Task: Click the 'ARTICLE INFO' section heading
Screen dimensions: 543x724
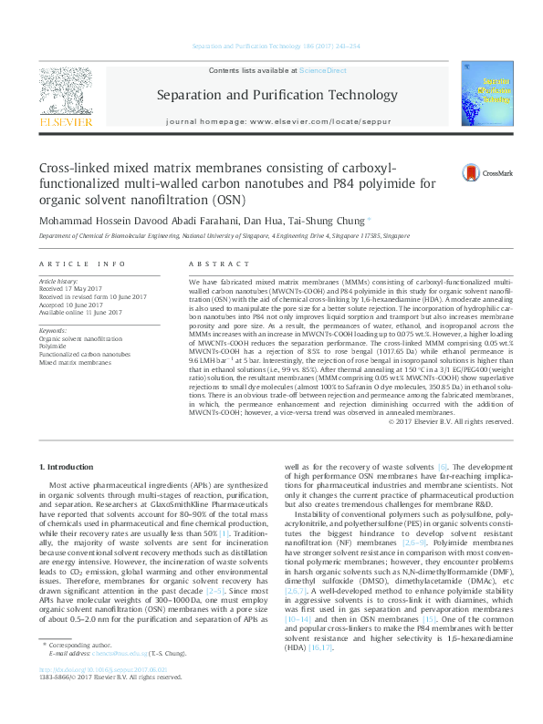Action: click(82, 264)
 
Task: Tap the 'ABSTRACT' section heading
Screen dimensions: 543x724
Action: click(207, 264)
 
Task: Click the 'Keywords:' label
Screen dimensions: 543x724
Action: click(53, 330)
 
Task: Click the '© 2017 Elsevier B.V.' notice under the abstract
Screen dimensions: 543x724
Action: click(451, 421)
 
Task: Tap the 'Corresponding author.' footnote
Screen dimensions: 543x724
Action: click(88, 670)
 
